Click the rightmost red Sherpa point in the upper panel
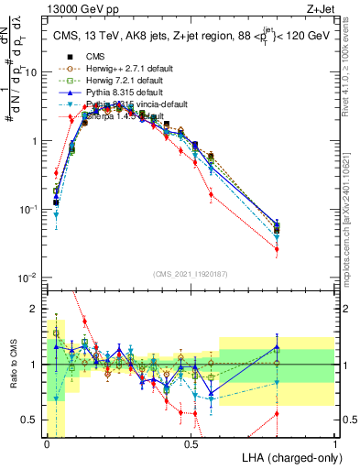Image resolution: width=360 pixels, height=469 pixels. [x=277, y=249]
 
